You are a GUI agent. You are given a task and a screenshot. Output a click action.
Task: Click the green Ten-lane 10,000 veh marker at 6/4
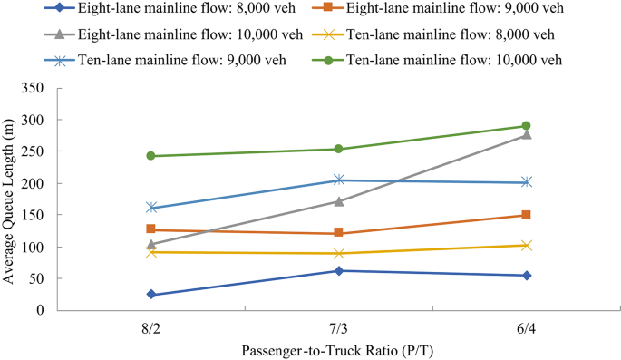(526, 126)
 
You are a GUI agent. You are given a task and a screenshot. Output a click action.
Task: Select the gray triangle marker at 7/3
(338, 201)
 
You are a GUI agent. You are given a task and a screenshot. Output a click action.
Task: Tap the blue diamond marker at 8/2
(150, 295)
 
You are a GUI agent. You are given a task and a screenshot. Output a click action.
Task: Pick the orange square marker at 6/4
(526, 215)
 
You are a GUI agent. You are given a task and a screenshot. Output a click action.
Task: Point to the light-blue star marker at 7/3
(338, 180)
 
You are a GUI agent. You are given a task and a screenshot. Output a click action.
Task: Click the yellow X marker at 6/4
(526, 245)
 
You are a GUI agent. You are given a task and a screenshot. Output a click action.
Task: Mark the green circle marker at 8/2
(150, 156)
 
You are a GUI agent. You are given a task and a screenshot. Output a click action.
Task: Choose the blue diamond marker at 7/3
(338, 270)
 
